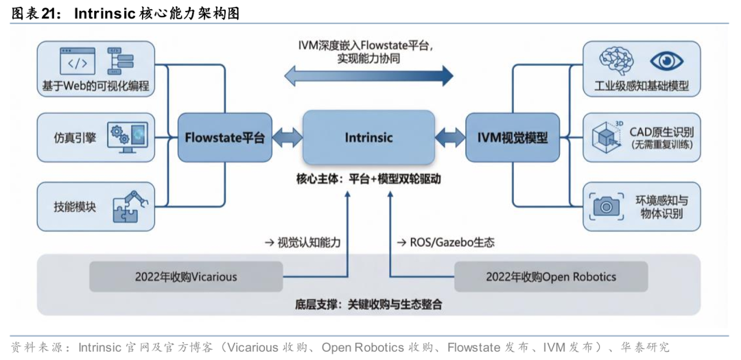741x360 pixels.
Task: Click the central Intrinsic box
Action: click(x=368, y=137)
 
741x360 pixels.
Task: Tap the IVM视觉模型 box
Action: click(x=513, y=137)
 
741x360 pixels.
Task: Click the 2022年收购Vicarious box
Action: click(x=186, y=277)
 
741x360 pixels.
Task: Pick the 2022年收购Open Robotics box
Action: click(x=551, y=277)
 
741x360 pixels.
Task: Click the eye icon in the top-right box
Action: click(x=666, y=62)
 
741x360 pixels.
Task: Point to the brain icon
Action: click(x=616, y=62)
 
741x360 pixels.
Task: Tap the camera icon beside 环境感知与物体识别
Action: click(x=606, y=205)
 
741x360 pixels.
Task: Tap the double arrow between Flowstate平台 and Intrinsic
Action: click(x=287, y=137)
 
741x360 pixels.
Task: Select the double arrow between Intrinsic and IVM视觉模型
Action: click(x=449, y=137)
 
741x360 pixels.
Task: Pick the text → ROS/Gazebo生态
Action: click(x=446, y=242)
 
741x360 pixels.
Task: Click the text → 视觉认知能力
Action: click(x=303, y=242)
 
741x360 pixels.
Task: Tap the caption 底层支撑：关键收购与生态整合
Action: click(x=369, y=304)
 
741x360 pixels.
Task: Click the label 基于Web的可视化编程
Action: click(x=95, y=86)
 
